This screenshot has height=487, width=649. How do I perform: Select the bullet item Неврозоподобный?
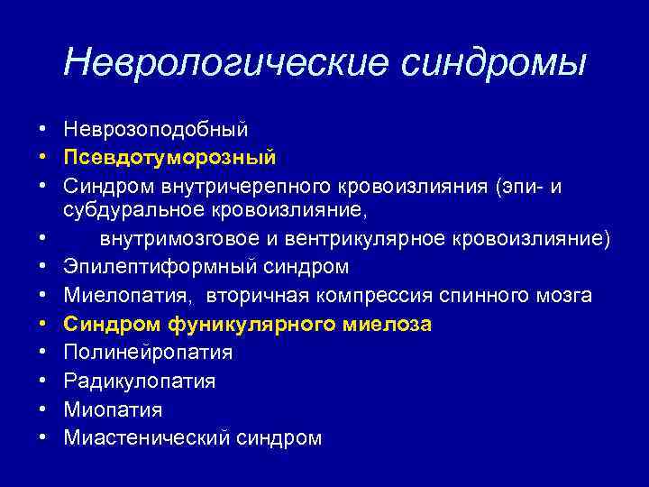point(156,129)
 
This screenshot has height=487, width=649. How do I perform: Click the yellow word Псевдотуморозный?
point(169,157)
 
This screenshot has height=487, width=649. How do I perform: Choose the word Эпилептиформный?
point(160,267)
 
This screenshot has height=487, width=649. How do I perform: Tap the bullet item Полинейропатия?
point(148,352)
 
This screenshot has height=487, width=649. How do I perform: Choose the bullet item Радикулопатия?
point(140,381)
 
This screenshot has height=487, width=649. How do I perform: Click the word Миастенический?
point(148,438)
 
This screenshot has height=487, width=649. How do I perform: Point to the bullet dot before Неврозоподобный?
point(42,129)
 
